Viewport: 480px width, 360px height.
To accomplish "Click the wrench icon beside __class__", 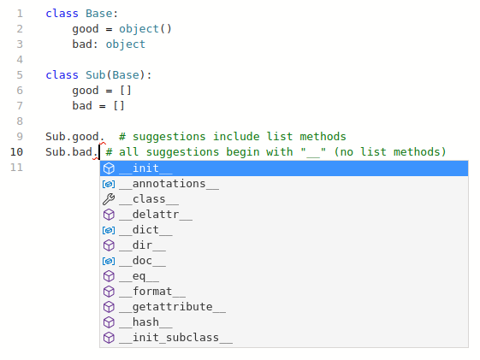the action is pyautogui.click(x=109, y=199).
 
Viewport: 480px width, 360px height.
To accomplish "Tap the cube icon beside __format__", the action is pyautogui.click(x=109, y=292).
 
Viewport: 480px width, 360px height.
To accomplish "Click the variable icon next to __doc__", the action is pyautogui.click(x=109, y=261).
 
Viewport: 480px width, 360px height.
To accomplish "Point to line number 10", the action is pyautogui.click(x=16, y=152).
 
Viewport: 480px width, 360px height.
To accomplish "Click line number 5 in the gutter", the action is pyautogui.click(x=20, y=75).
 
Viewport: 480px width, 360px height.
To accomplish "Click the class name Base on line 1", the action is pyautogui.click(x=99, y=14).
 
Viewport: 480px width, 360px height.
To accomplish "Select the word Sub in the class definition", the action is pyautogui.click(x=96, y=75).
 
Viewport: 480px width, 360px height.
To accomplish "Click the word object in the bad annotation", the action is pyautogui.click(x=126, y=44).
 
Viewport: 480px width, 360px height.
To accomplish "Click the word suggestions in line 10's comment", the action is pyautogui.click(x=182, y=152).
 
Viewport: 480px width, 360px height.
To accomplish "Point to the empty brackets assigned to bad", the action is pyautogui.click(x=119, y=106).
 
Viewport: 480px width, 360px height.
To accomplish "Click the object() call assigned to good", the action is pyautogui.click(x=145, y=29).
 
